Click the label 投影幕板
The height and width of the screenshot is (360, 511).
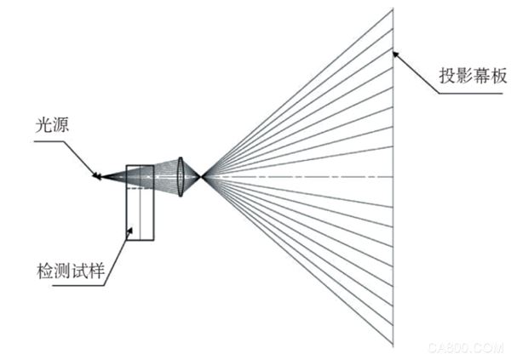(x=473, y=76)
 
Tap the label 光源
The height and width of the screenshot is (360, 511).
(x=52, y=125)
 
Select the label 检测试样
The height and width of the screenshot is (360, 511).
(x=71, y=271)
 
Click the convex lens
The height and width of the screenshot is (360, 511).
(x=181, y=177)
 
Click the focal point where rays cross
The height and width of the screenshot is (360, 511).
(x=202, y=177)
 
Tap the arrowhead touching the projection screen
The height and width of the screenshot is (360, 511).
(x=396, y=54)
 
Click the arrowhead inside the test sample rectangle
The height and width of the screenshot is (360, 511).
(x=129, y=231)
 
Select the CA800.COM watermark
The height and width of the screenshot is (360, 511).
(x=466, y=348)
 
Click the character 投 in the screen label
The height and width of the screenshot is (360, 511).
(x=447, y=76)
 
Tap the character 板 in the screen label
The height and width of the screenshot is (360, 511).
(x=498, y=76)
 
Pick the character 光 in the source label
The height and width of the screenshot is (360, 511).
(x=43, y=125)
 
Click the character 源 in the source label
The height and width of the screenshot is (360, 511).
(x=60, y=125)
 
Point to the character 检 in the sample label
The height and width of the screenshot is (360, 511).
(x=45, y=271)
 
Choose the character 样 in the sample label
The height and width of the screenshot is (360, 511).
(x=96, y=271)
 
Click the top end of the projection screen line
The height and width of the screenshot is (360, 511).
(x=393, y=9)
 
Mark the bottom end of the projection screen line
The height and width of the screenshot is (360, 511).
(x=393, y=346)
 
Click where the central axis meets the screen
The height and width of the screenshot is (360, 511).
(x=393, y=177)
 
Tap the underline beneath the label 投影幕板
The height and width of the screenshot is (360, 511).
(x=470, y=94)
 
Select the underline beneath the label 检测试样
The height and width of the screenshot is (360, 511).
(x=78, y=286)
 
